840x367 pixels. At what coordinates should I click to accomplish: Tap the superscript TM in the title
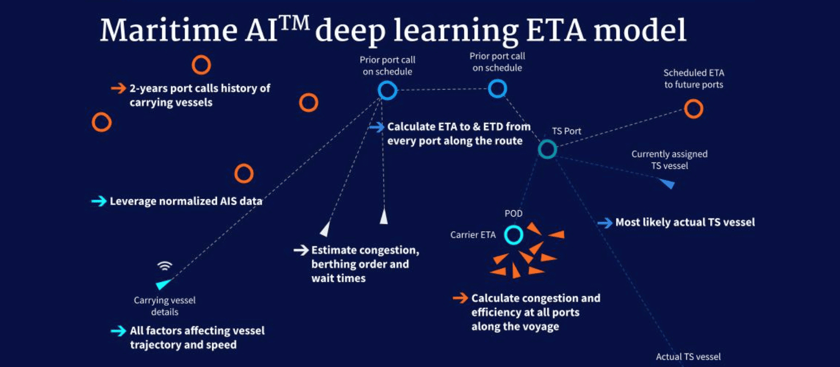[295, 23]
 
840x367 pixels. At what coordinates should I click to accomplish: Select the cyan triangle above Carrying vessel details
[163, 284]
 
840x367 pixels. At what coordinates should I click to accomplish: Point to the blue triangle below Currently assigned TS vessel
[667, 183]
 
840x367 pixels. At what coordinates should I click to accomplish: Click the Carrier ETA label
[473, 235]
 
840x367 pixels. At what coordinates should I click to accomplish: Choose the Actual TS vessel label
[688, 357]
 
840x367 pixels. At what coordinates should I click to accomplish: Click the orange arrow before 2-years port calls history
[119, 89]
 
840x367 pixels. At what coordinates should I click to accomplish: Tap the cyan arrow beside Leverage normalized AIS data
[99, 201]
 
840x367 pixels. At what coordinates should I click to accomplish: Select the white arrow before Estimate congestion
[301, 250]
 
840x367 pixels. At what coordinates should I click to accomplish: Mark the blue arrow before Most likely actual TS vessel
[605, 223]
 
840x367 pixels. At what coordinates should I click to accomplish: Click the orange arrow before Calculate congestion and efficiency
[460, 298]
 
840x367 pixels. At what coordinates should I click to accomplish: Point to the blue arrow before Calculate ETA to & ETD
[377, 127]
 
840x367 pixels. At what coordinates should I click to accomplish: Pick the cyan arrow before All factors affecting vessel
[119, 331]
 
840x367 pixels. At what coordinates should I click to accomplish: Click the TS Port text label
[566, 131]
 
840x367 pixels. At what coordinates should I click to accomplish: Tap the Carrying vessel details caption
[165, 306]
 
